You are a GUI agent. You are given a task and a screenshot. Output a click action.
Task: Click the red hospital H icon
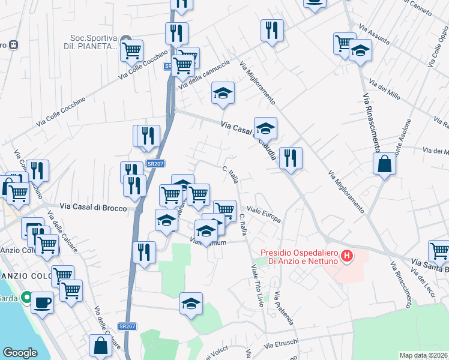pos(346,256)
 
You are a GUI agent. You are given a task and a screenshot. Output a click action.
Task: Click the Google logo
pos(20,353)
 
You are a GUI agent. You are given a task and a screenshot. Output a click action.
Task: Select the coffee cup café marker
pos(42,302)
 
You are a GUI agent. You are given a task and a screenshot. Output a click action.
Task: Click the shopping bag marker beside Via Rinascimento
pos(384,164)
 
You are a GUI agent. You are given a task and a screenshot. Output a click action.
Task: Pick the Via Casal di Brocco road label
pos(93,208)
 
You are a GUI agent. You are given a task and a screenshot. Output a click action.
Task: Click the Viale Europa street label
pos(264,215)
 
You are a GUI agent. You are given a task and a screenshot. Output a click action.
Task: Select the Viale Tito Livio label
pos(256,286)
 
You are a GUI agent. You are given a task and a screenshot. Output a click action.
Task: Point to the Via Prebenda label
pos(284,308)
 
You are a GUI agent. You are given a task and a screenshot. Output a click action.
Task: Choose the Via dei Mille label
pos(385,91)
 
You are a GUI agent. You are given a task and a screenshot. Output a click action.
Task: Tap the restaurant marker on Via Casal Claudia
pos(291,158)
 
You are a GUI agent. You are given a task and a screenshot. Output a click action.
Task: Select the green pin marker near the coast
pos(26,297)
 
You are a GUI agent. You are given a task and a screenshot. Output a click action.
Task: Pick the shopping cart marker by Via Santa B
pos(439,250)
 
